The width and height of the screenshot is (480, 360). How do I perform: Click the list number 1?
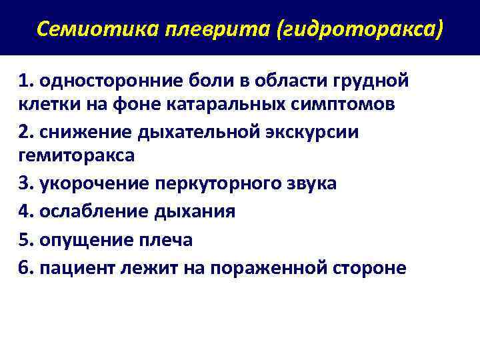point(25,81)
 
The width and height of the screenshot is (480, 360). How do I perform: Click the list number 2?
point(25,132)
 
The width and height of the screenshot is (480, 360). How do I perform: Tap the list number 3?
point(25,183)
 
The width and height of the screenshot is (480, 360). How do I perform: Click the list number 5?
point(25,240)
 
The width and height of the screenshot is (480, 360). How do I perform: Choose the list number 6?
point(25,268)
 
